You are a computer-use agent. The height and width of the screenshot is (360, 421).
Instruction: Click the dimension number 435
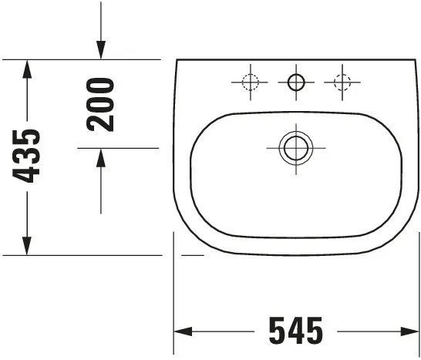click(29, 156)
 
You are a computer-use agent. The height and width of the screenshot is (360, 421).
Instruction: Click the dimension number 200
click(101, 104)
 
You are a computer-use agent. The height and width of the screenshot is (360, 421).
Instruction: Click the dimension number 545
click(295, 331)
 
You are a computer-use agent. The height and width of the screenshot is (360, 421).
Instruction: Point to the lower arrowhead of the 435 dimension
click(28, 246)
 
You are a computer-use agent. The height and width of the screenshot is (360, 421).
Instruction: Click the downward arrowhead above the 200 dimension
click(101, 50)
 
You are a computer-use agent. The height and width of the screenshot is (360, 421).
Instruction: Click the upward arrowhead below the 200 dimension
click(101, 157)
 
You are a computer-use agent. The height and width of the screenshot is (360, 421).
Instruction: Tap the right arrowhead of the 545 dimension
click(410, 332)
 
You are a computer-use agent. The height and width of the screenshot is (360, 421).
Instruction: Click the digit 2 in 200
click(101, 123)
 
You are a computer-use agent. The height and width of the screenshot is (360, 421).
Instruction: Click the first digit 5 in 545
click(277, 331)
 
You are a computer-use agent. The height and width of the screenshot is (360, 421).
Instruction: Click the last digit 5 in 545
click(314, 331)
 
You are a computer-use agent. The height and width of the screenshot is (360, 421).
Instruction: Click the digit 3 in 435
click(29, 156)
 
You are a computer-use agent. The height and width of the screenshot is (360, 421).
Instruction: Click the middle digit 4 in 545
click(295, 331)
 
